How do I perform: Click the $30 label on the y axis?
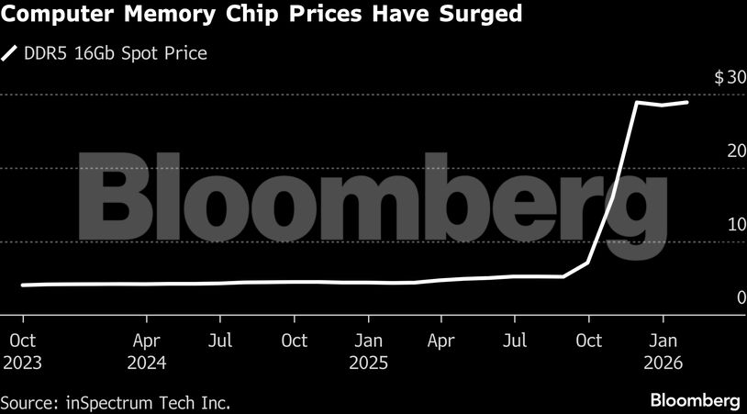[x=730, y=77]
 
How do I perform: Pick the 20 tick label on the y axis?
[x=735, y=151]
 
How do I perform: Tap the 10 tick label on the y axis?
[x=735, y=225]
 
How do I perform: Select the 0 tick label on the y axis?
[x=740, y=297]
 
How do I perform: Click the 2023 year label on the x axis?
[x=22, y=362]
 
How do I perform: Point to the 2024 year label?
[x=147, y=362]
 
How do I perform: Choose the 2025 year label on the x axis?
[x=369, y=362]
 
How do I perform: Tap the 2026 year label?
[x=664, y=362]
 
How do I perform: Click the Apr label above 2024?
[x=147, y=341]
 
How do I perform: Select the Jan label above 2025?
[x=369, y=341]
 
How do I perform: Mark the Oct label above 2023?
[x=22, y=341]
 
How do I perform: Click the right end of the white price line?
[x=687, y=102]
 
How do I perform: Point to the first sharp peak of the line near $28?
[x=638, y=102]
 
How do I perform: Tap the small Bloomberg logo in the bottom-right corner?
[x=695, y=401]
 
